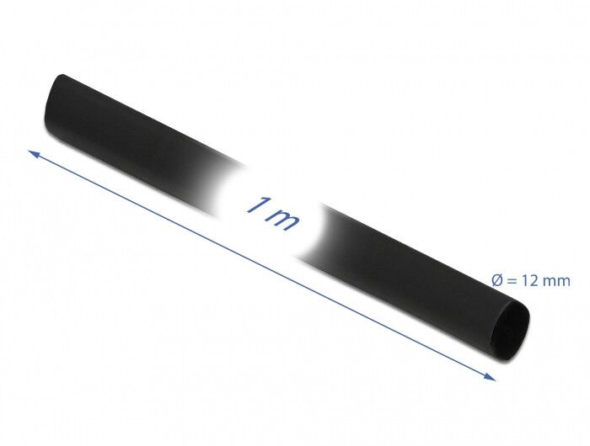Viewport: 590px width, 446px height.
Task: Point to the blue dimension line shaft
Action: tap(262, 265)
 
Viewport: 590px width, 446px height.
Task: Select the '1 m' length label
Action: tap(274, 214)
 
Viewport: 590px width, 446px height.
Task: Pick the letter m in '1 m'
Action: tap(286, 220)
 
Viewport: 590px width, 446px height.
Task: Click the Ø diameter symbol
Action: tap(497, 281)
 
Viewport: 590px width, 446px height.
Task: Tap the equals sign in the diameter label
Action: tap(512, 281)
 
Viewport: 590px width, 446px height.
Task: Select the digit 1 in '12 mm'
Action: tap(524, 281)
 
